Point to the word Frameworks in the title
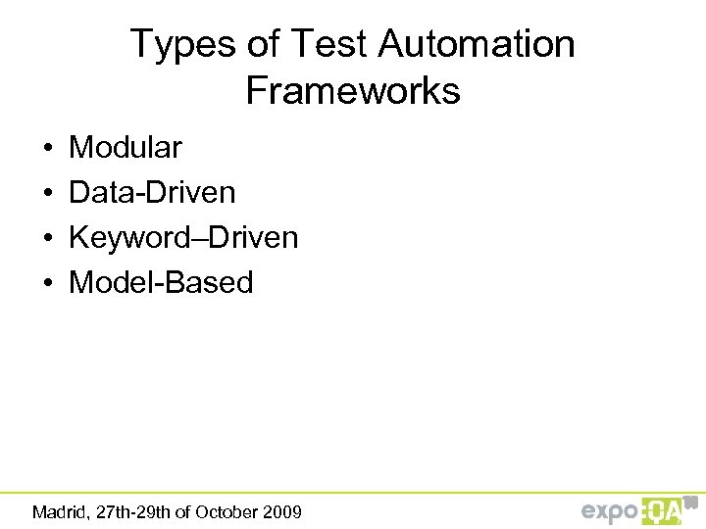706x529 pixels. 353,91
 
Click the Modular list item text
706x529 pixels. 126,148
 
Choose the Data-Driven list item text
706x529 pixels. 152,193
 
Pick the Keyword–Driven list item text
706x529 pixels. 183,238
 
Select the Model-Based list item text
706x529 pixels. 161,283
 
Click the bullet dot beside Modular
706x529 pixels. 47,149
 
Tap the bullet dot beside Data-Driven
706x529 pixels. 47,194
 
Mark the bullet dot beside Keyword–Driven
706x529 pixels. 47,239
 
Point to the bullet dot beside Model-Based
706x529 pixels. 47,284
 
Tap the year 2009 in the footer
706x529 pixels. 284,511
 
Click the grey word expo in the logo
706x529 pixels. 610,511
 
